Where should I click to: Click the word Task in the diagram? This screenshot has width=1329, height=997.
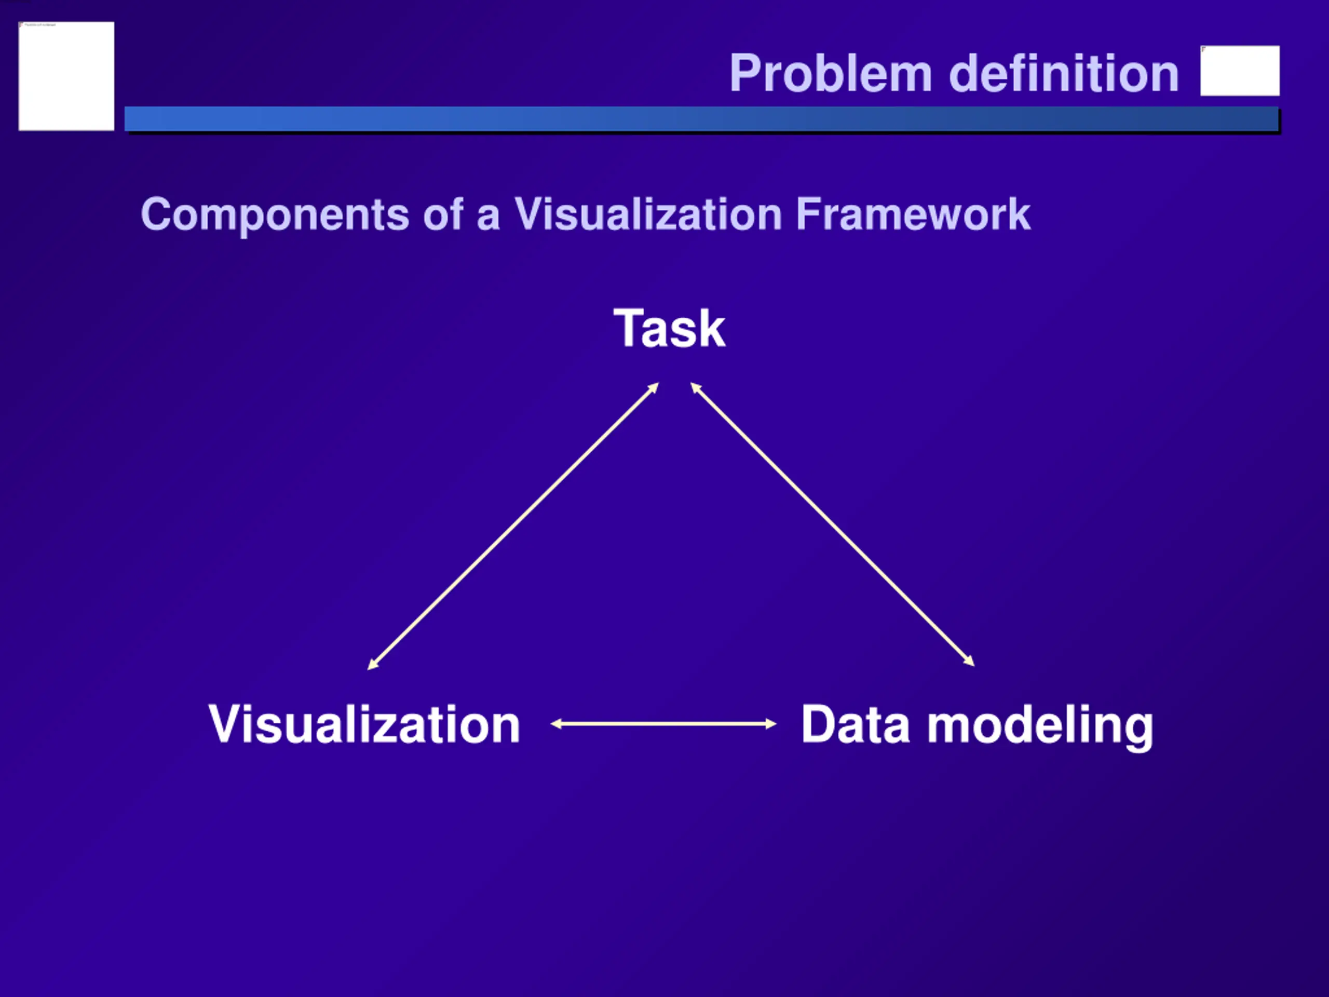pyautogui.click(x=669, y=328)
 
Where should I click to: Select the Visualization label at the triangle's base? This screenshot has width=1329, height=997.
pyautogui.click(x=364, y=724)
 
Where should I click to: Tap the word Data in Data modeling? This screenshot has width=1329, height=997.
pyautogui.click(x=855, y=724)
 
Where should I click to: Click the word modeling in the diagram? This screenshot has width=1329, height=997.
pyautogui.click(x=1040, y=726)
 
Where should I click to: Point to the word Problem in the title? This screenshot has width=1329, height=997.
pyautogui.click(x=830, y=73)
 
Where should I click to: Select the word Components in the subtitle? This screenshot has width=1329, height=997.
pyautogui.click(x=275, y=214)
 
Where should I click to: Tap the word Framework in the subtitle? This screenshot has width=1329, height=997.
pyautogui.click(x=913, y=214)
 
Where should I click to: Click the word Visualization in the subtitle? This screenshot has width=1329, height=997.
pyautogui.click(x=648, y=214)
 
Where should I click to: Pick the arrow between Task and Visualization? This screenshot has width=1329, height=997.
pyautogui.click(x=513, y=526)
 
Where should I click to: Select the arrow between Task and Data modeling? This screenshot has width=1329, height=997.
pyautogui.click(x=832, y=524)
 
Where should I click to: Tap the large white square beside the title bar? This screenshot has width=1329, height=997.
pyautogui.click(x=66, y=76)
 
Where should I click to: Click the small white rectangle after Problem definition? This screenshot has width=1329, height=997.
pyautogui.click(x=1240, y=70)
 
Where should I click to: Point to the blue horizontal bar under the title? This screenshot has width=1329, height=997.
pyautogui.click(x=701, y=119)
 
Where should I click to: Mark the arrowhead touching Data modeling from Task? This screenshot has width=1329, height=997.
pyautogui.click(x=969, y=661)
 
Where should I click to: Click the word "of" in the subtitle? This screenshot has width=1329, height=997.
pyautogui.click(x=443, y=214)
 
